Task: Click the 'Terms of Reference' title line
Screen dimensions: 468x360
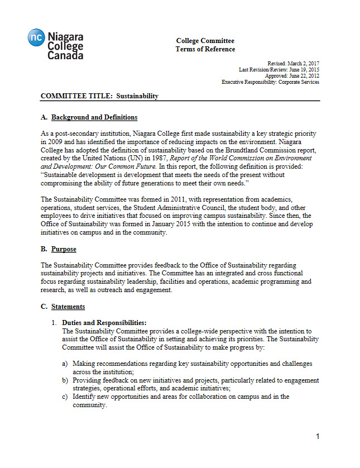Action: [205, 49]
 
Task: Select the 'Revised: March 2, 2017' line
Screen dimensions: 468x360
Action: [294, 64]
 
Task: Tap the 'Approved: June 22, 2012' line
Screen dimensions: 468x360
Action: [292, 76]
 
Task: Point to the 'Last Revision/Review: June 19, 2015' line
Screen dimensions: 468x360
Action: [279, 70]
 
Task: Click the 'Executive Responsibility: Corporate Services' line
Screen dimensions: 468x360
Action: [270, 82]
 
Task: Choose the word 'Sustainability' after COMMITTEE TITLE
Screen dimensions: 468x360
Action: [137, 96]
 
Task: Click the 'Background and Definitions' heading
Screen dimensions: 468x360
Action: [94, 117]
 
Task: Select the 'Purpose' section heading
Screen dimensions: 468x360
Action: [64, 249]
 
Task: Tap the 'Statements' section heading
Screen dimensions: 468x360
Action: [68, 307]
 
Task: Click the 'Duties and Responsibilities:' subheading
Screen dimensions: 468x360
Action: [104, 323]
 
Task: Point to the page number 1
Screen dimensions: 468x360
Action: [318, 436]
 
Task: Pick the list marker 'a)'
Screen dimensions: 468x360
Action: [65, 364]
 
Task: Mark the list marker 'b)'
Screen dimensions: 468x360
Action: [65, 380]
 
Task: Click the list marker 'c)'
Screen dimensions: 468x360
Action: [65, 397]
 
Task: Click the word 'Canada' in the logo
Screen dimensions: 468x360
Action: [65, 55]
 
